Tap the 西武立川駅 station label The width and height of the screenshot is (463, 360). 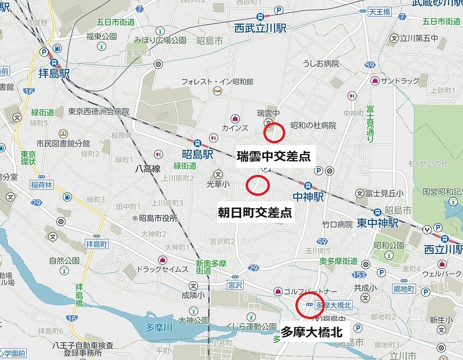click(260, 27)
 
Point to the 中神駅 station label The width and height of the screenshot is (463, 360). click(308, 196)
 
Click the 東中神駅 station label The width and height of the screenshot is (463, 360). click(378, 222)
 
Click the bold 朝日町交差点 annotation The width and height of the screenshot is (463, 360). click(255, 213)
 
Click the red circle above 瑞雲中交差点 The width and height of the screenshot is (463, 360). click(274, 132)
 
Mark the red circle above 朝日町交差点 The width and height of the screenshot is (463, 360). click(258, 185)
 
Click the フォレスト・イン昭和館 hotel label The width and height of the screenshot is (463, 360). click(217, 82)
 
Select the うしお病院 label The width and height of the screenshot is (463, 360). click(321, 64)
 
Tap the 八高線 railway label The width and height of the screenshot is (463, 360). click(148, 169)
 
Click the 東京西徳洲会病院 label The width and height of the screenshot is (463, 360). click(99, 111)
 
